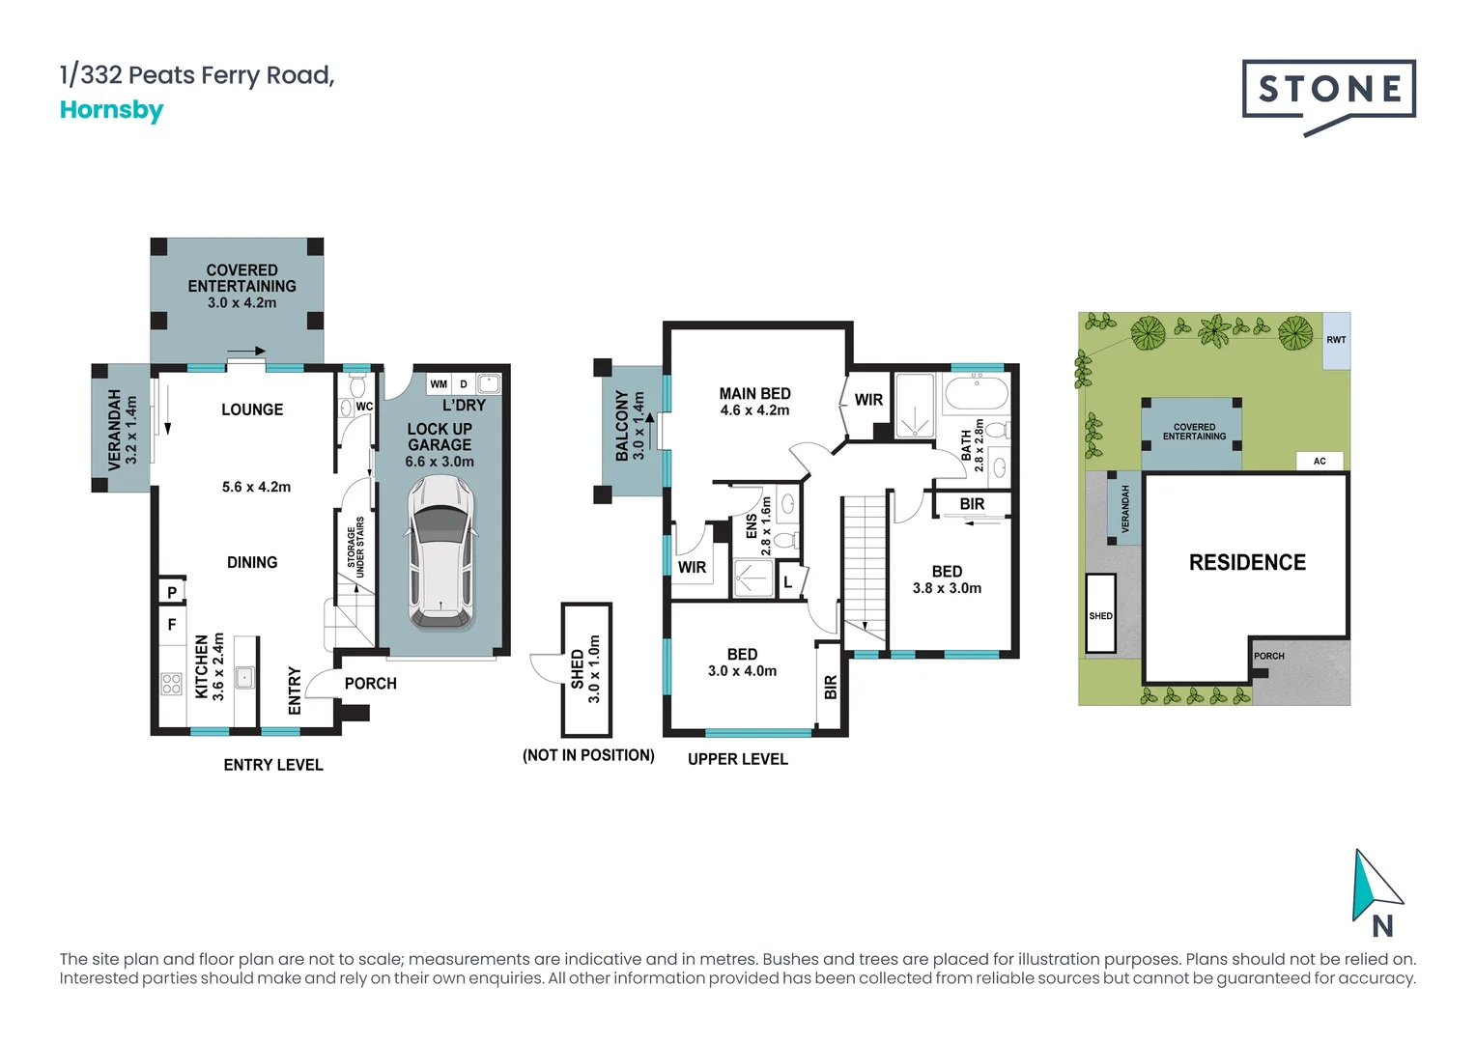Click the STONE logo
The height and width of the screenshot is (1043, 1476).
click(x=1329, y=91)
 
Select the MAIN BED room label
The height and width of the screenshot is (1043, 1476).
click(x=754, y=393)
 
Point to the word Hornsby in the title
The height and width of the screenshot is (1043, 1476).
click(x=111, y=110)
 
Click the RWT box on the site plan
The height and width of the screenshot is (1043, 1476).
click(x=1336, y=340)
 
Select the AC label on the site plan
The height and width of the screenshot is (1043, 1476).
click(x=1320, y=461)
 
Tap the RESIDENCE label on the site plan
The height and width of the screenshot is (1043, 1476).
click(x=1247, y=562)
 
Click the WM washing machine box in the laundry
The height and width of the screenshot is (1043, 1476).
click(x=439, y=384)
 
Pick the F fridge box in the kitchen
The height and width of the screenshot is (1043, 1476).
click(x=172, y=625)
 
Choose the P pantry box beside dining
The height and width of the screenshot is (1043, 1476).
click(x=172, y=592)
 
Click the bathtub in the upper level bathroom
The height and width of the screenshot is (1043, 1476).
click(x=976, y=393)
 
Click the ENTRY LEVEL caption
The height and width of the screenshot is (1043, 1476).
click(x=273, y=765)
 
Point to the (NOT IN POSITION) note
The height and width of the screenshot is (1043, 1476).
click(x=588, y=755)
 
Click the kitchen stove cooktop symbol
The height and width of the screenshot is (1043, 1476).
click(x=172, y=684)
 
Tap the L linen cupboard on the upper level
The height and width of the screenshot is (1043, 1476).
click(x=788, y=581)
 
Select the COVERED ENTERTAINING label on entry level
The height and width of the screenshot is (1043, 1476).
click(x=241, y=278)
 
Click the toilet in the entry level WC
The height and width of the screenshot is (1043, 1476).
click(x=357, y=387)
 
